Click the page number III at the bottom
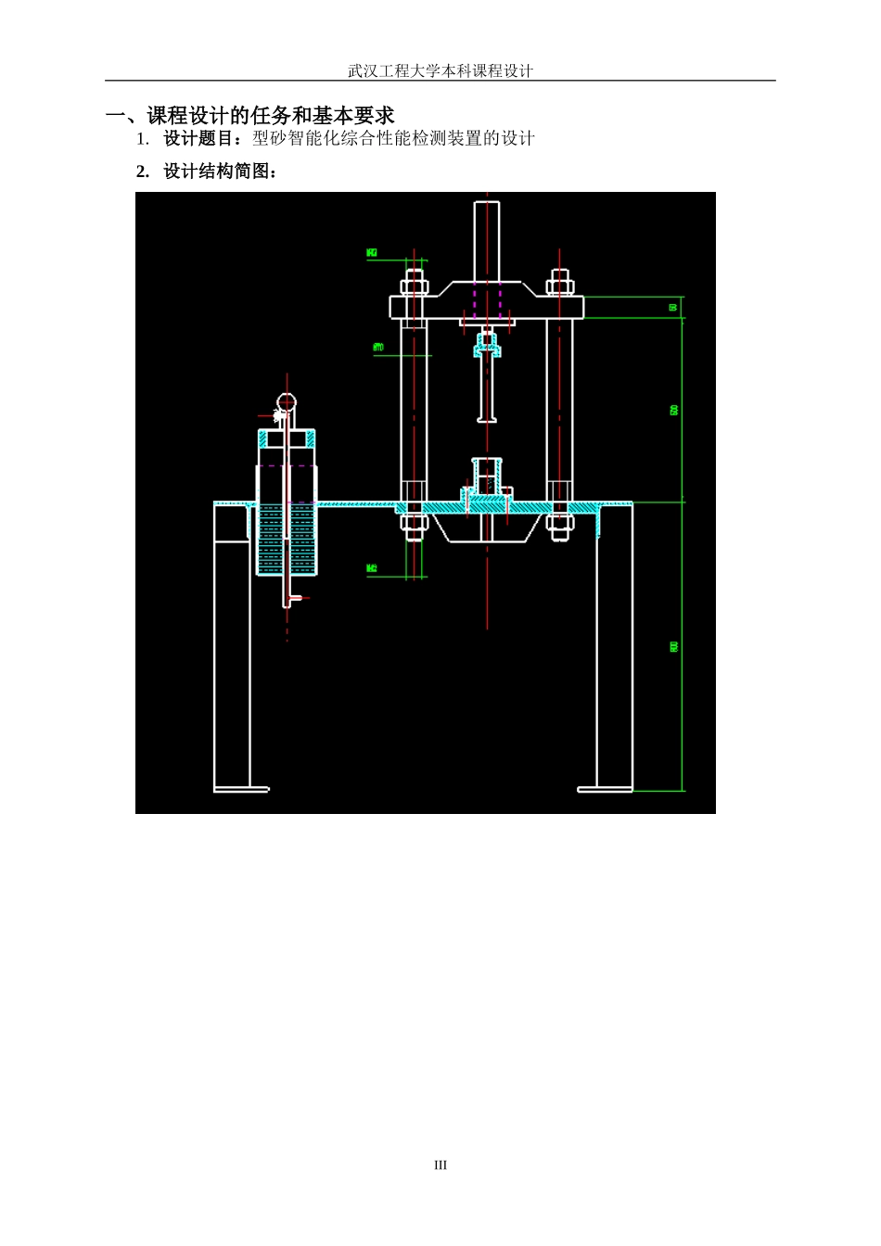pyautogui.click(x=440, y=1165)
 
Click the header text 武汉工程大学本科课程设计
pyautogui.click(x=440, y=70)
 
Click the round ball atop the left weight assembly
pyautogui.click(x=287, y=402)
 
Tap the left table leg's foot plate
pyautogui.click(x=242, y=790)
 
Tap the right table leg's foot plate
pyautogui.click(x=605, y=790)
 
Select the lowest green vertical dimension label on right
pyautogui.click(x=674, y=646)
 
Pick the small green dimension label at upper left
pyautogui.click(x=372, y=252)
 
